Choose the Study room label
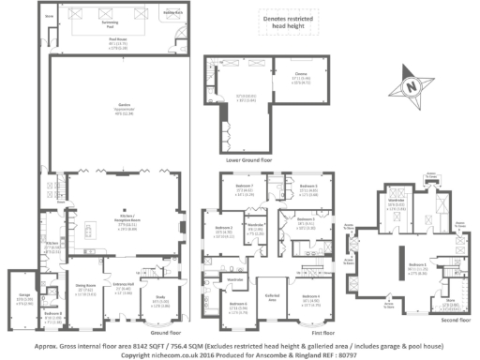pos(161,300)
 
